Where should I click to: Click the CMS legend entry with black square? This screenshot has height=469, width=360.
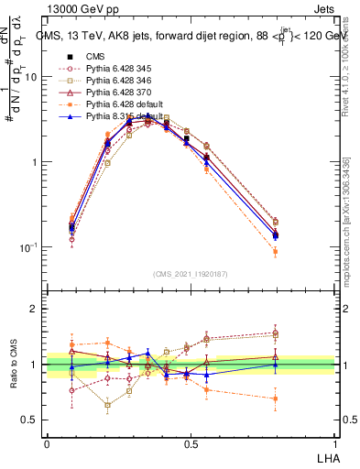pyautogui.click(x=92, y=56)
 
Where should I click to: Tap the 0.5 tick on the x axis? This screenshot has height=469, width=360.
pyautogui.click(x=191, y=442)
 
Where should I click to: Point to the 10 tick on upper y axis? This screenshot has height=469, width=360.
pyautogui.click(x=28, y=77)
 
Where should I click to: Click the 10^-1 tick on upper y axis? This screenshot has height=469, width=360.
pyautogui.click(x=27, y=248)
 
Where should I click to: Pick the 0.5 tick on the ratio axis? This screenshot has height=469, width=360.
pyautogui.click(x=28, y=420)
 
